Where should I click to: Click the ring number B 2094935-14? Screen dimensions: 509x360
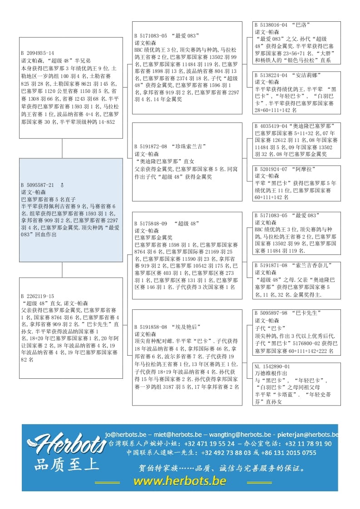tap(37, 53)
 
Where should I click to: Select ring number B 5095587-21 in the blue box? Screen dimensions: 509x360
tap(37, 185)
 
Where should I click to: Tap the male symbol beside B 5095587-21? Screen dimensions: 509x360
tap(62, 185)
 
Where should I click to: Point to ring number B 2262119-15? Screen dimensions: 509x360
tap(37, 296)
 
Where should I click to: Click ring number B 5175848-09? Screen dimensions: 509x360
tap(151, 224)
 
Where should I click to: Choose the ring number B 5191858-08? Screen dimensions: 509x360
tap(151, 327)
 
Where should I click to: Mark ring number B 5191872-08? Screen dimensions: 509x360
tap(151, 147)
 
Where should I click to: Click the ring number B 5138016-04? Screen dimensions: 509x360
tap(271, 25)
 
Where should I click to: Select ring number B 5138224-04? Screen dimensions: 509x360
tap(271, 75)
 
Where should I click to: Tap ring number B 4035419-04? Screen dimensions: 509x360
tap(271, 126)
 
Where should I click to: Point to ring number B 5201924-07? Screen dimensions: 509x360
tap(271, 169)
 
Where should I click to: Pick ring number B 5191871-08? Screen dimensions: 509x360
tap(271, 265)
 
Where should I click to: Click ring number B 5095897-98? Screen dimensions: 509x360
tap(271, 313)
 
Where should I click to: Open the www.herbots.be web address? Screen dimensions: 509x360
tap(179, 481)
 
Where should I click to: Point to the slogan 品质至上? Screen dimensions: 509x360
tap(66, 465)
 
